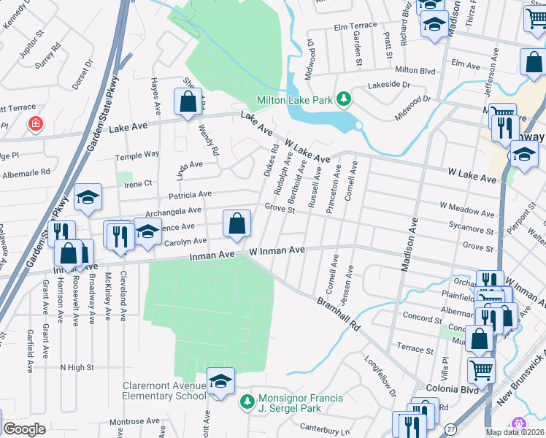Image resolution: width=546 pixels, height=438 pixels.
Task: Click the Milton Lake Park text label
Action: [x=293, y=99]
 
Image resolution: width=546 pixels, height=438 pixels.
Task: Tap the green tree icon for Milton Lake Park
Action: [x=339, y=99]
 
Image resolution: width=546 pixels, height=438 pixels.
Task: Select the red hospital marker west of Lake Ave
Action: [x=34, y=125]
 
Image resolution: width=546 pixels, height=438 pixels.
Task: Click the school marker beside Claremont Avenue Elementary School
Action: [x=220, y=382]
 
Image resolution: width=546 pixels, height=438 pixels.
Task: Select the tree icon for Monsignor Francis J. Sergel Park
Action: [x=247, y=401]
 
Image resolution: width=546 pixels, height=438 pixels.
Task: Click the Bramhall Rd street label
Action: [x=339, y=313]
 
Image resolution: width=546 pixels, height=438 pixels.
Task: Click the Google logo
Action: [x=24, y=429]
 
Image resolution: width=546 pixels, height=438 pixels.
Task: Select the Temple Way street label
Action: [x=137, y=155]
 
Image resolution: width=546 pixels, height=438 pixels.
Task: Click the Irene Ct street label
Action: [x=138, y=183]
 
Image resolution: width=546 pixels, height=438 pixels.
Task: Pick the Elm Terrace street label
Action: [x=355, y=26]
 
